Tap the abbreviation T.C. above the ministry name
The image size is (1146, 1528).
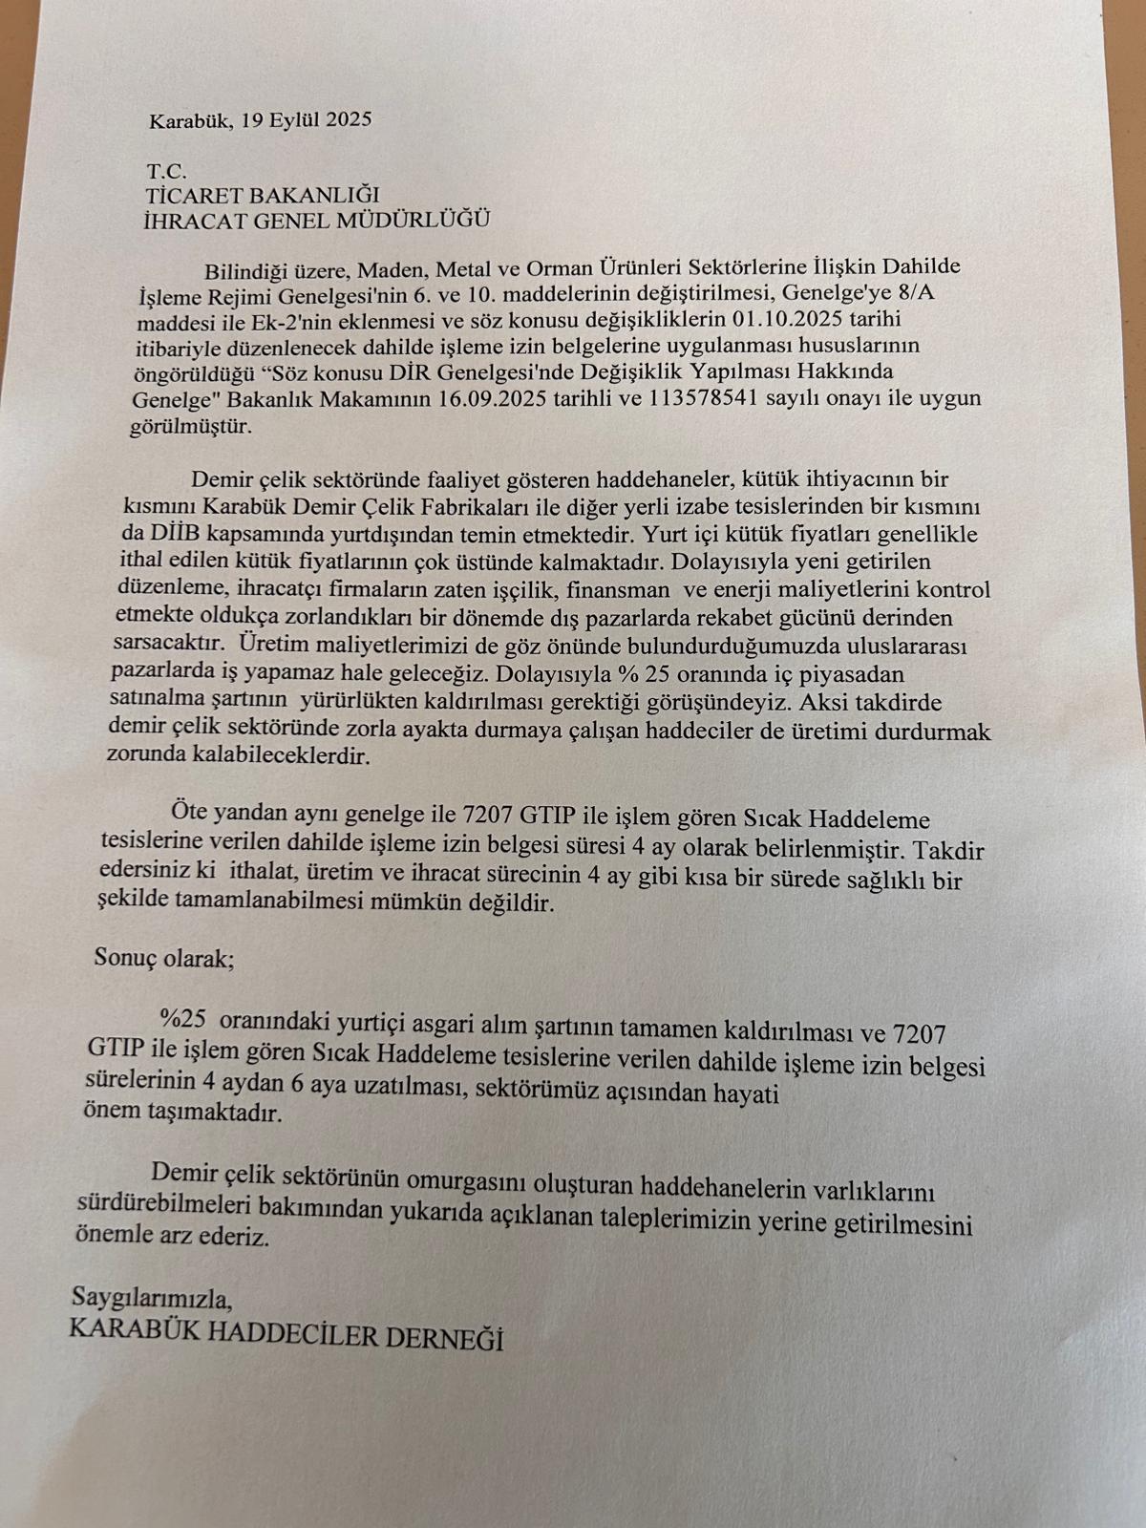click(166, 172)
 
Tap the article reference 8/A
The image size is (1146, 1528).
click(918, 291)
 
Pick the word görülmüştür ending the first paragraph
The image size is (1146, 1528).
click(190, 426)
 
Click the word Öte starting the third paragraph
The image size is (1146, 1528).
click(189, 815)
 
